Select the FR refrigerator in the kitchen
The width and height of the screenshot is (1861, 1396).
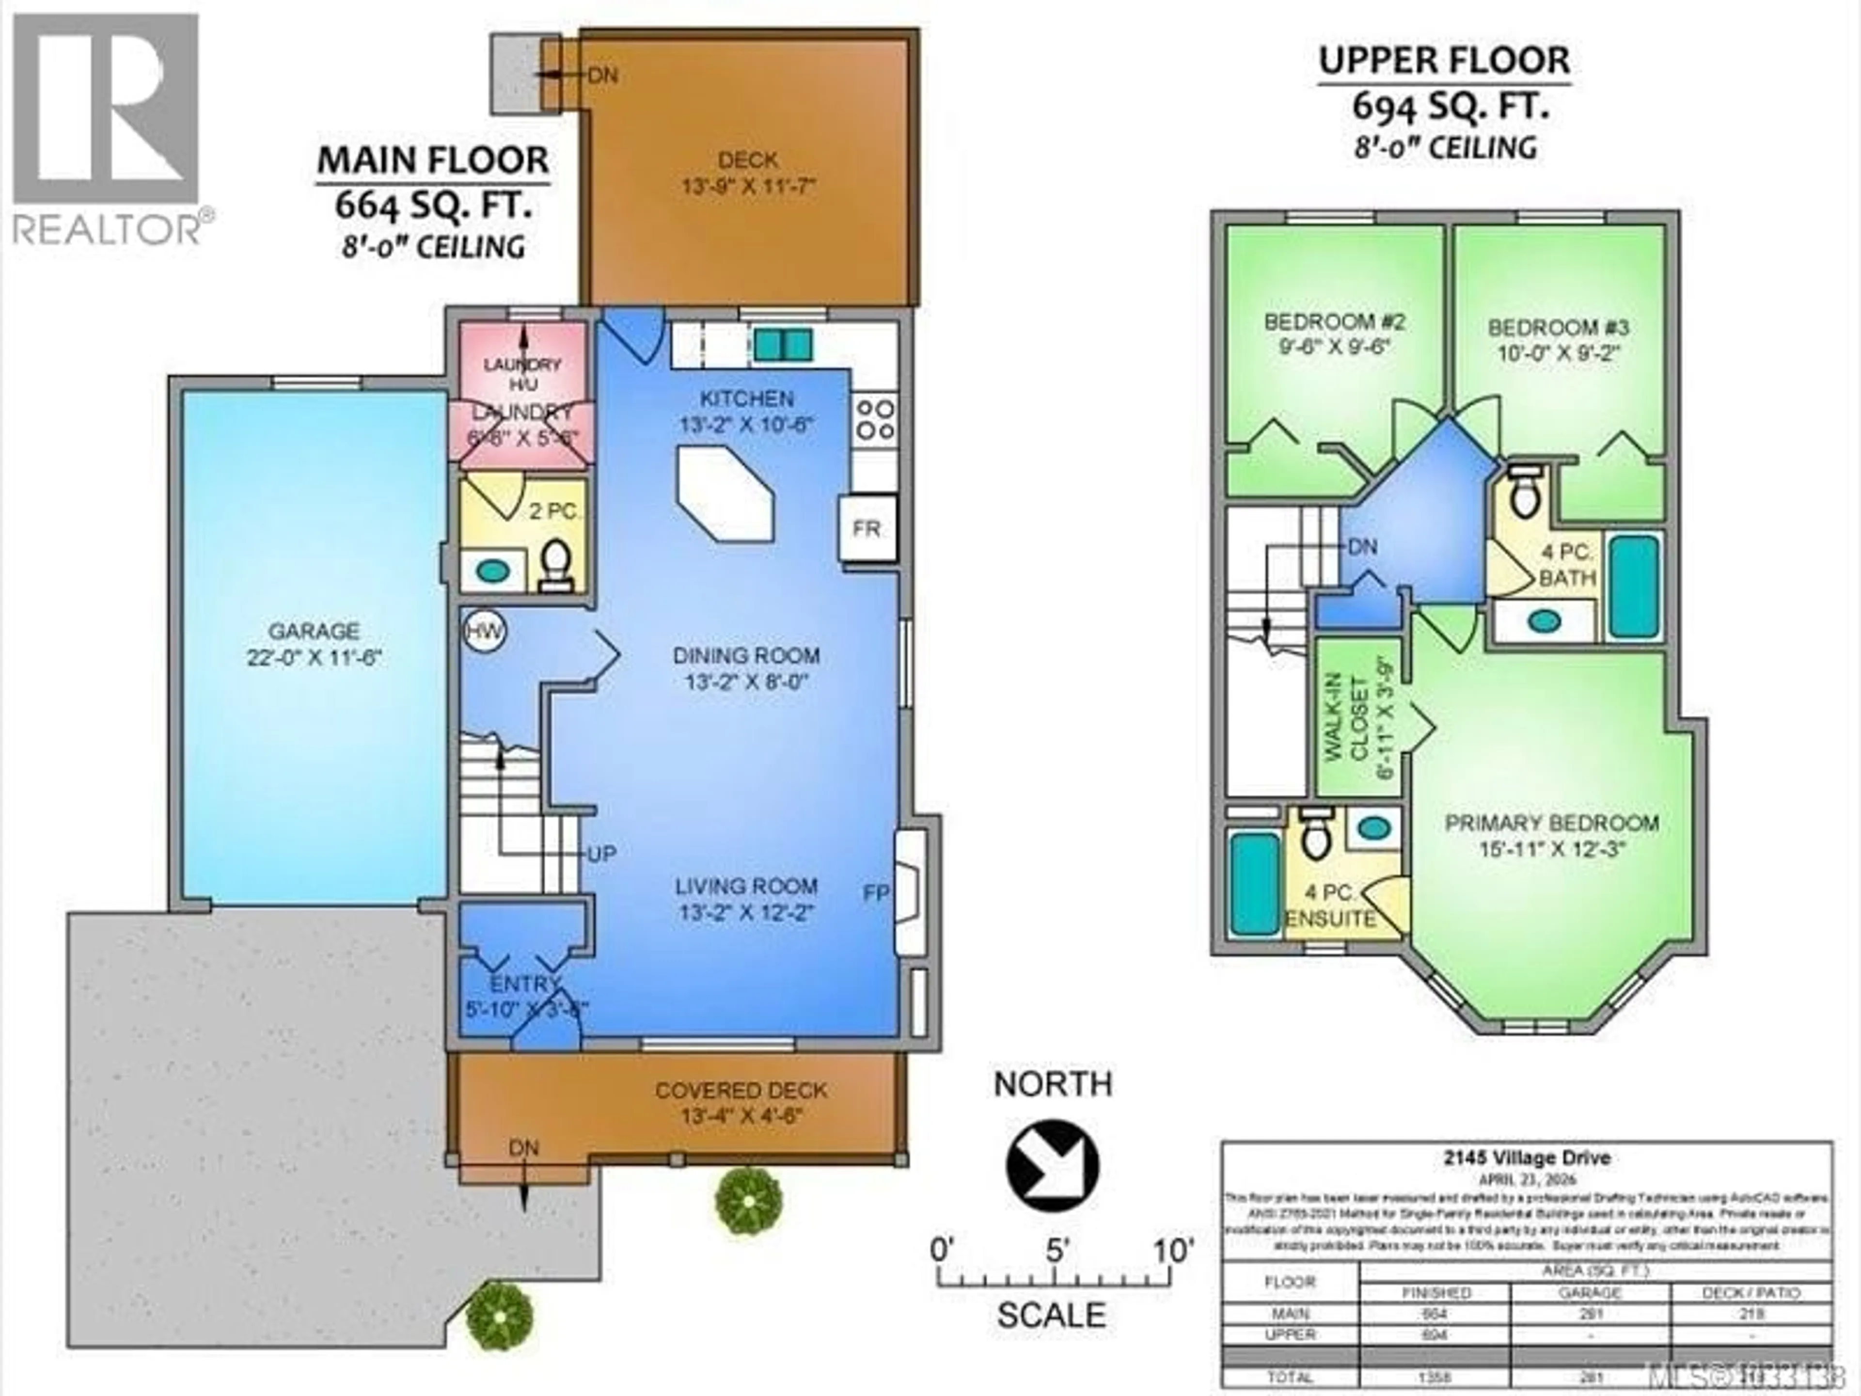click(867, 528)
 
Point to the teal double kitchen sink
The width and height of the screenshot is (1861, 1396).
click(782, 344)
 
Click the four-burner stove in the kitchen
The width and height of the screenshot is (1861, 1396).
click(874, 419)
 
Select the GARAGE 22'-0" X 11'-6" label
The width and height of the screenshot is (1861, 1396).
click(314, 644)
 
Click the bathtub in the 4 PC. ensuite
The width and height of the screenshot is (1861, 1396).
click(1254, 882)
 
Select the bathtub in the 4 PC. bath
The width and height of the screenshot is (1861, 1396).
click(1633, 586)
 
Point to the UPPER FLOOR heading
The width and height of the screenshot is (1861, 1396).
click(1444, 61)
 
